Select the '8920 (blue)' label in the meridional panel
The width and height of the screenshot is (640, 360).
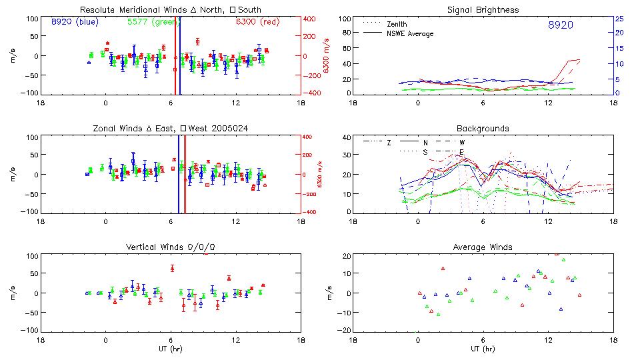click(x=74, y=22)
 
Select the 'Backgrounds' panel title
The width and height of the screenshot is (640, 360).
click(x=483, y=128)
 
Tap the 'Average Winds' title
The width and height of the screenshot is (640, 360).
click(x=483, y=247)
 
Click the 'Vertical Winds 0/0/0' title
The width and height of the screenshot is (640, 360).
click(x=171, y=247)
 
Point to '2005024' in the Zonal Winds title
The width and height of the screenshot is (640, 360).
click(x=233, y=128)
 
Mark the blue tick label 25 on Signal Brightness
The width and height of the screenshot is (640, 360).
click(x=619, y=19)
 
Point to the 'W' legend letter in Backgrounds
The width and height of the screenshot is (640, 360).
click(x=461, y=143)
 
